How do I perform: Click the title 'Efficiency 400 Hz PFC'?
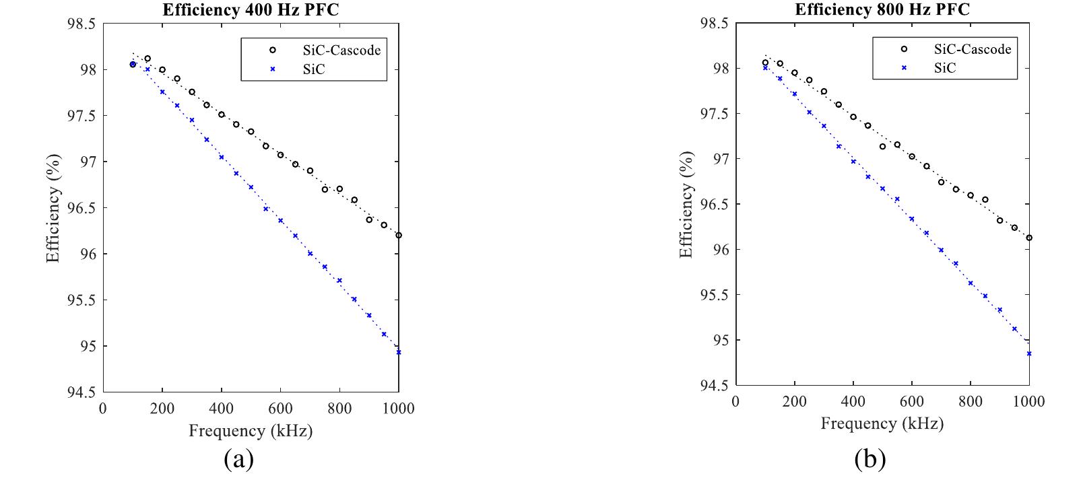pyautogui.click(x=251, y=11)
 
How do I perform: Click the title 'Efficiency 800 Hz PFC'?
pyautogui.click(x=882, y=10)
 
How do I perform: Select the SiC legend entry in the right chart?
pyautogui.click(x=945, y=67)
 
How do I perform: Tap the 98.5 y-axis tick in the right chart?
pyautogui.click(x=715, y=24)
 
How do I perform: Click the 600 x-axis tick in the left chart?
pyautogui.click(x=280, y=408)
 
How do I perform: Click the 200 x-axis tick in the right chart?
pyautogui.click(x=795, y=402)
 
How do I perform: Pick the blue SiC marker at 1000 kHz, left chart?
pyautogui.click(x=399, y=352)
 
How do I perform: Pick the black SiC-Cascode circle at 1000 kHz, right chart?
pyautogui.click(x=1029, y=238)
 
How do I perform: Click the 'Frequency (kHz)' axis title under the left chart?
pyautogui.click(x=251, y=431)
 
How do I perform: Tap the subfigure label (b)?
pyautogui.click(x=870, y=459)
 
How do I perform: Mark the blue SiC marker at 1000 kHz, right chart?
pyautogui.click(x=1029, y=353)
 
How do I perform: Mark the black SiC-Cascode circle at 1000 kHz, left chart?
pyautogui.click(x=399, y=235)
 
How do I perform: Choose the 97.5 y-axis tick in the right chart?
pyautogui.click(x=715, y=114)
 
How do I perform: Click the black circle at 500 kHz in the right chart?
pyautogui.click(x=882, y=146)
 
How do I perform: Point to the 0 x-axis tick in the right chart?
pyautogui.click(x=735, y=402)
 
